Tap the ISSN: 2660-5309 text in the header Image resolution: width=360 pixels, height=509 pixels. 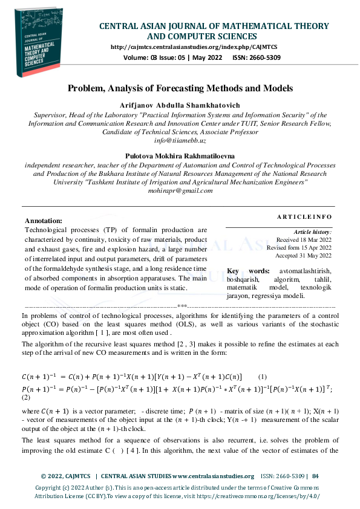257,57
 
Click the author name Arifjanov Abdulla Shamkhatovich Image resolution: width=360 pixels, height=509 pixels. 180,105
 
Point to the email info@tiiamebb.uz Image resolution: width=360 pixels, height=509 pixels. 180,140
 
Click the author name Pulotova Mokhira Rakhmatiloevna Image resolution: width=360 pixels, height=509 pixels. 180,156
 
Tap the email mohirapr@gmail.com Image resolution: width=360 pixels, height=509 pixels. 180,190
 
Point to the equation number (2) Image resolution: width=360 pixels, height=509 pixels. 26,397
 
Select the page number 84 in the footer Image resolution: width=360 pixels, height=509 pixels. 315,476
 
